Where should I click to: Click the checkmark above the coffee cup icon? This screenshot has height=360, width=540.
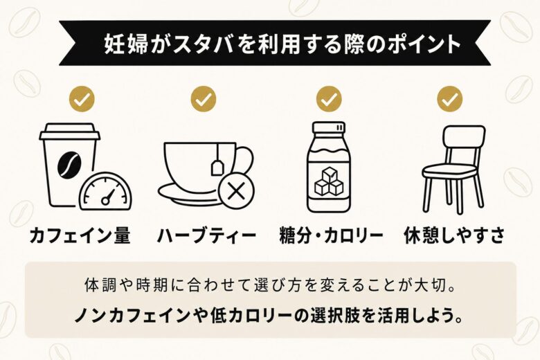(x=82, y=99)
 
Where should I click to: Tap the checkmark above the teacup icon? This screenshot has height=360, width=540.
(x=204, y=99)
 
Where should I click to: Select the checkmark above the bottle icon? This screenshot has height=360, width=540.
(x=329, y=99)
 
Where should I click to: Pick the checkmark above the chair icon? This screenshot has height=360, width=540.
(x=449, y=99)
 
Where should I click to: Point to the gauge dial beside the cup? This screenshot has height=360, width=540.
(x=105, y=191)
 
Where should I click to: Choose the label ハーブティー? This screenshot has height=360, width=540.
(x=206, y=235)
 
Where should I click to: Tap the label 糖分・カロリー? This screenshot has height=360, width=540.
(x=330, y=235)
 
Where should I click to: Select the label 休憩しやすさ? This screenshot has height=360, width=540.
(x=453, y=235)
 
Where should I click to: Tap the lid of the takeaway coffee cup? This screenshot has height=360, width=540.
(x=69, y=132)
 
